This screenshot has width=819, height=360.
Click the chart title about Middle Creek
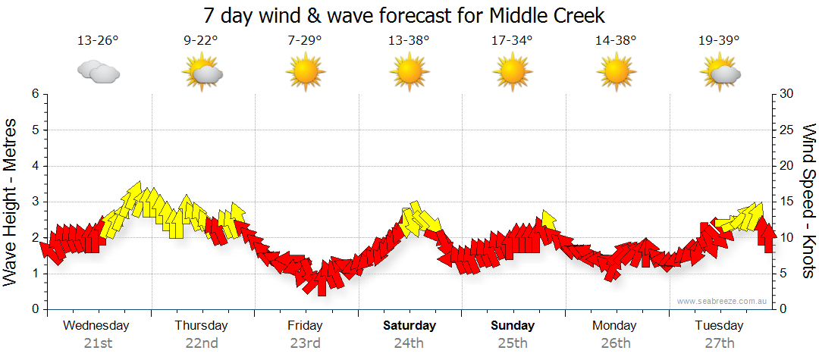(404, 15)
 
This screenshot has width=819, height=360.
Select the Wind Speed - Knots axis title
(808, 201)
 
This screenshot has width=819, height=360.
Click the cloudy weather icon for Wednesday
(99, 72)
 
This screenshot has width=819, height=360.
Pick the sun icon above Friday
(305, 73)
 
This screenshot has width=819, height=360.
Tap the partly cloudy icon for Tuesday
(720, 74)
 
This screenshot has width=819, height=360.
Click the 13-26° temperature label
(98, 40)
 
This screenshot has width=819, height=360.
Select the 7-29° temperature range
(305, 40)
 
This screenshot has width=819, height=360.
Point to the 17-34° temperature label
(512, 40)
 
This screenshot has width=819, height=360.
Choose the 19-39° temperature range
(719, 40)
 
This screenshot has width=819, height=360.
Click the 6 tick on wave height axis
(34, 94)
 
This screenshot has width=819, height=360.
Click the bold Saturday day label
(409, 326)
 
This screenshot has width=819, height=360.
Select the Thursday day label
(201, 326)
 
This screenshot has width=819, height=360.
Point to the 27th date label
(719, 343)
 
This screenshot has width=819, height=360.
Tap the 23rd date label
(305, 343)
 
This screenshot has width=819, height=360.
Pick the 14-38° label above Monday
(615, 40)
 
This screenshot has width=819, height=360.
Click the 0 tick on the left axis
(34, 309)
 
